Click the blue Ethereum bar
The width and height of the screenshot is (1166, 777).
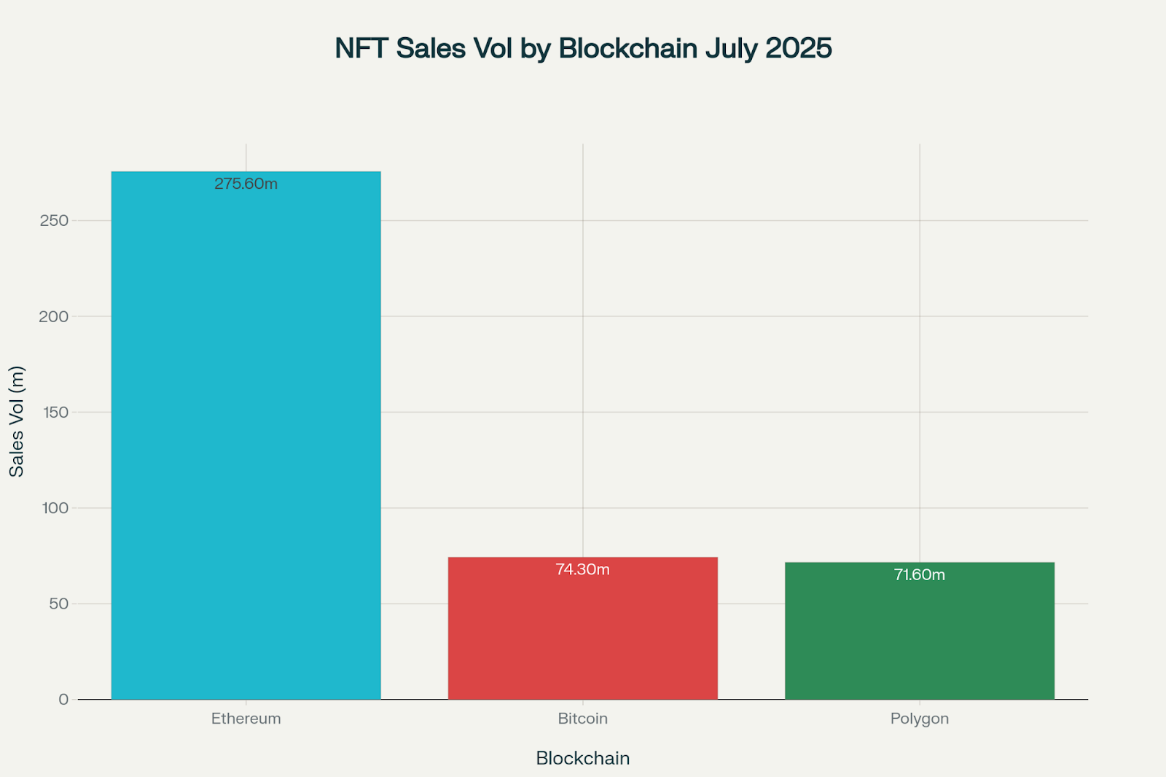click(x=246, y=437)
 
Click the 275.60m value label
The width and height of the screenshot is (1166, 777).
click(x=246, y=184)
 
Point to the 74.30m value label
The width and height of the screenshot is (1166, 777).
click(x=582, y=569)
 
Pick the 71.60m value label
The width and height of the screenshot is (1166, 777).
click(x=919, y=574)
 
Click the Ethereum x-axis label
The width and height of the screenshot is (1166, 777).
click(x=246, y=719)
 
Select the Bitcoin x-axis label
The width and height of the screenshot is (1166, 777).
click(x=582, y=719)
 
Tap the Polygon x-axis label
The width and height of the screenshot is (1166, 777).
click(x=919, y=719)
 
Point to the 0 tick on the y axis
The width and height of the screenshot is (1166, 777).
click(x=63, y=699)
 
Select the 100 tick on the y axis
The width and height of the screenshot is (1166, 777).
click(x=55, y=508)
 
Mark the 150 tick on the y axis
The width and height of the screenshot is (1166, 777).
click(x=55, y=412)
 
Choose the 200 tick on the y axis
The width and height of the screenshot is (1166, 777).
click(x=54, y=316)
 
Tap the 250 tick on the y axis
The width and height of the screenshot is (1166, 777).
click(x=54, y=220)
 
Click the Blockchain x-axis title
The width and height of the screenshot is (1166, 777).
click(x=582, y=758)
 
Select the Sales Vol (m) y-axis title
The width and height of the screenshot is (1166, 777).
click(x=17, y=421)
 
